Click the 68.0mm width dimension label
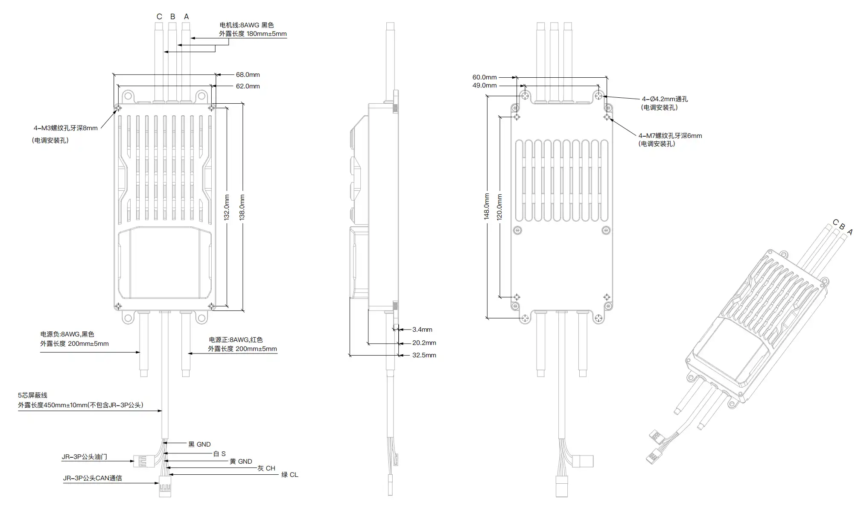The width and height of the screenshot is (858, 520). (x=248, y=75)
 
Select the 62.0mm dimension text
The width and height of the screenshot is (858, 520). (x=248, y=86)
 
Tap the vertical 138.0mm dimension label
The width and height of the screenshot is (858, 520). (x=242, y=207)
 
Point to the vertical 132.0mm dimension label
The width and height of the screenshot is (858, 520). (x=227, y=207)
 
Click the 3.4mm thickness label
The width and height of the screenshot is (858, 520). (x=422, y=330)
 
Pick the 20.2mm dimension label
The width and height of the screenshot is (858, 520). (x=424, y=343)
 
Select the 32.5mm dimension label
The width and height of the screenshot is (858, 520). (x=424, y=355)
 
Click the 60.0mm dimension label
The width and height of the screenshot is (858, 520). (x=484, y=77)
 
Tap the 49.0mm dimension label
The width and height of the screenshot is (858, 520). (x=484, y=85)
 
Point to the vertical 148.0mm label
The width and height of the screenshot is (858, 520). (x=487, y=206)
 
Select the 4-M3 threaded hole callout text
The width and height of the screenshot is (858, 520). (x=66, y=128)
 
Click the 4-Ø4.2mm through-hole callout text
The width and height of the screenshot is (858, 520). (x=665, y=99)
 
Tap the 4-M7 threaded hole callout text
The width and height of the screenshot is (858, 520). (x=670, y=136)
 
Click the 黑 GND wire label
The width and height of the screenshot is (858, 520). (x=199, y=444)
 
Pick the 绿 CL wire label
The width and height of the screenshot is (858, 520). (x=289, y=475)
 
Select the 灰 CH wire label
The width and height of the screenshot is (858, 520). (x=266, y=468)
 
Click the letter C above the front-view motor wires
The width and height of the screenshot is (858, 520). (x=159, y=17)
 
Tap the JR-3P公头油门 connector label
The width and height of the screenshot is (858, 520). (x=85, y=457)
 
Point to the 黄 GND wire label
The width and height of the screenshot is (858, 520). (x=241, y=462)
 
